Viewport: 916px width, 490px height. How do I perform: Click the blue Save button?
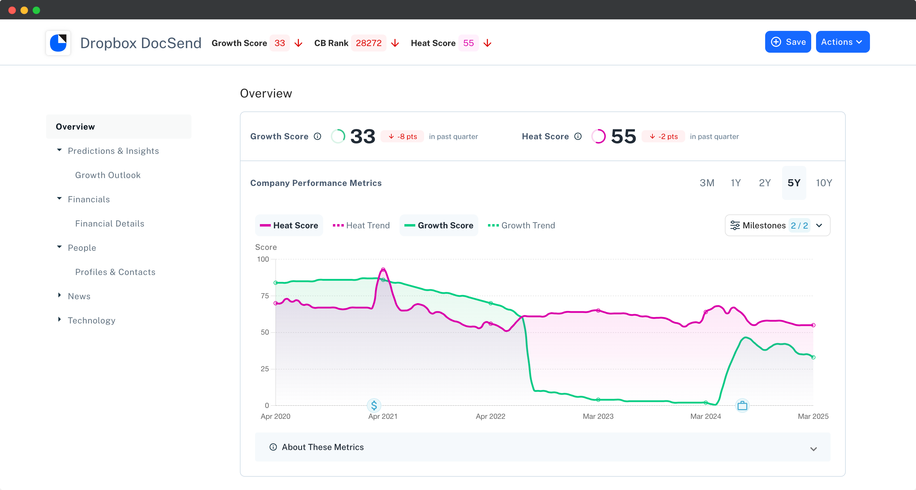tap(788, 42)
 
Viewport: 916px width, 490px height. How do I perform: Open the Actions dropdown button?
tap(842, 42)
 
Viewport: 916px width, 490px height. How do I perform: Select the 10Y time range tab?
tap(824, 183)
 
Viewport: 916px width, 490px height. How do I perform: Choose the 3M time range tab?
tap(707, 183)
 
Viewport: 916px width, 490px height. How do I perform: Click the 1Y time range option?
tap(735, 183)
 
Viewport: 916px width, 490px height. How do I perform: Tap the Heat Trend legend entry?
tap(361, 225)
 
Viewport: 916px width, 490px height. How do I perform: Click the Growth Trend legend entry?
tap(521, 225)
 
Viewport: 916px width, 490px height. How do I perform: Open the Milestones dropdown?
tap(777, 225)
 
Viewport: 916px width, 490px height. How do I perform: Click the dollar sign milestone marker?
tap(374, 405)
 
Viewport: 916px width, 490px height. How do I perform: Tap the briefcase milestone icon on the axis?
tap(742, 406)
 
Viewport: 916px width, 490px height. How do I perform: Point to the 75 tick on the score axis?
tap(264, 296)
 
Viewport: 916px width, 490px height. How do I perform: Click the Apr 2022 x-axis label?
tap(490, 416)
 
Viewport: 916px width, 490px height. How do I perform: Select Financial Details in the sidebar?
tap(110, 224)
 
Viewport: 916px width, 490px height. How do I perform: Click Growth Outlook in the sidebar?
tap(108, 175)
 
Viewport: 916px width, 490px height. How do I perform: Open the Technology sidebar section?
tap(91, 320)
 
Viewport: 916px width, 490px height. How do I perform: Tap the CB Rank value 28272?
tap(368, 43)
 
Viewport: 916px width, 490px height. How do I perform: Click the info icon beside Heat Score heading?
tap(578, 137)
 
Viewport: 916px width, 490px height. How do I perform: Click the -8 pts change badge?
tap(402, 137)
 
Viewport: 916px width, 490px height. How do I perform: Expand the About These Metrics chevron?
tap(813, 449)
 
